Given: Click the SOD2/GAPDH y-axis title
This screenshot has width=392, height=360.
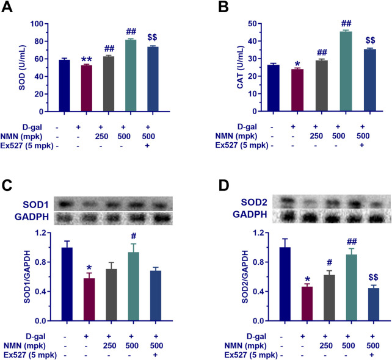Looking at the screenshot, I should [229, 276].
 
